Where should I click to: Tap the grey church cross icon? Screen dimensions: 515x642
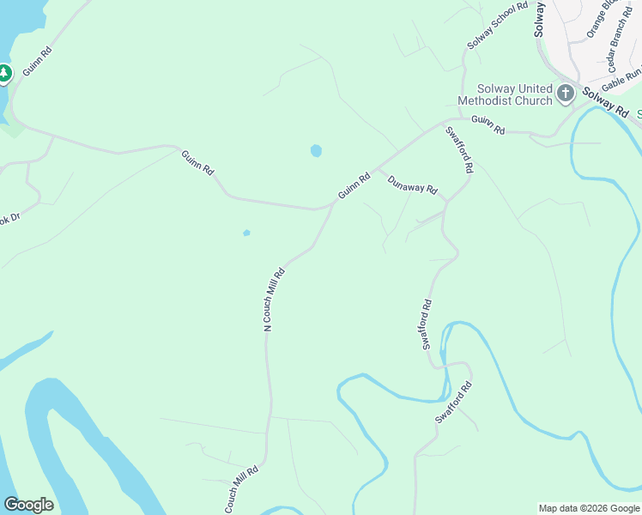point(566,94)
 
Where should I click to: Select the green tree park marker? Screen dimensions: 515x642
point(4,75)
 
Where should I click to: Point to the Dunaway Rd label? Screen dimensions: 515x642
point(412,185)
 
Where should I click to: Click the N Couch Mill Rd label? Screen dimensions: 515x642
point(273,299)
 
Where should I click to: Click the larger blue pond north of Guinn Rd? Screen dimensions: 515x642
point(316,151)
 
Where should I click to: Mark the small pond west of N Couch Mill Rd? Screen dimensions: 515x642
point(246,233)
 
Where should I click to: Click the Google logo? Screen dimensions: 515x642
point(28,505)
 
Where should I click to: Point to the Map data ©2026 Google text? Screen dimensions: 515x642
point(589,508)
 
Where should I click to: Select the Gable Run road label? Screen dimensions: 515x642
point(620,82)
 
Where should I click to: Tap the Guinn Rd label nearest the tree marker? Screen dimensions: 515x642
point(37,62)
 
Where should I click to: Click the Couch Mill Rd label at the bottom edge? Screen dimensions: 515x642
point(241,490)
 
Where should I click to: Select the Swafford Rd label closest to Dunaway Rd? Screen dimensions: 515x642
point(458,151)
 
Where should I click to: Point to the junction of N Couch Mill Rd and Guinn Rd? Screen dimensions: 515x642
point(333,204)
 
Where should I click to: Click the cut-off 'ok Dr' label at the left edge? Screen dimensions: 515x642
point(9,220)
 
